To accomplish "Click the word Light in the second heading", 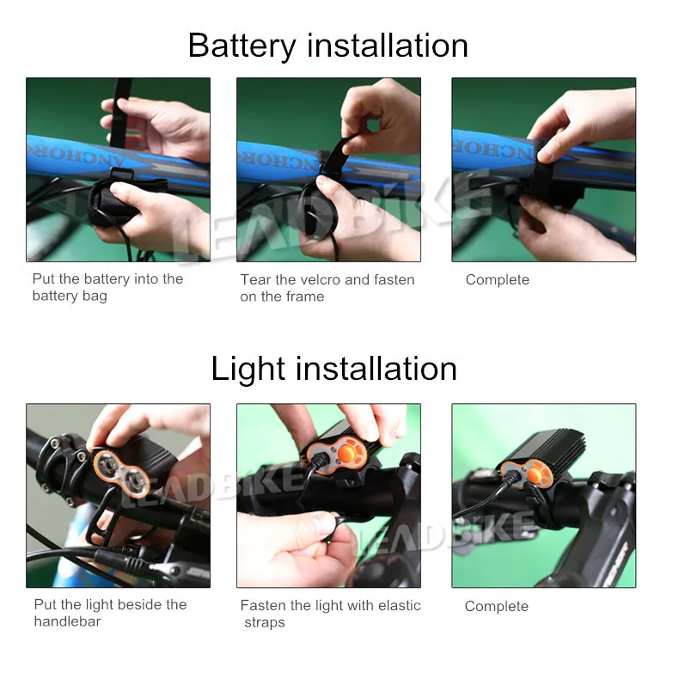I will tap(247, 369).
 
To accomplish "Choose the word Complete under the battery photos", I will tap(497, 279).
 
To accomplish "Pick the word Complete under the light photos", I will tap(496, 606).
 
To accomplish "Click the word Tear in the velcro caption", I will tap(254, 279).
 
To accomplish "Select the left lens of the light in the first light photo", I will tap(107, 461).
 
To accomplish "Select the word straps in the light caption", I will tap(264, 622).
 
